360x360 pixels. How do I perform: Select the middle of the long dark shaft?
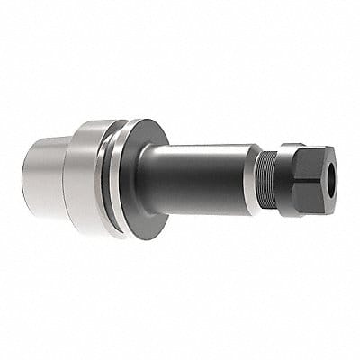click(198, 180)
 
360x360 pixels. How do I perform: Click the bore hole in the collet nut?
click(329, 167)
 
